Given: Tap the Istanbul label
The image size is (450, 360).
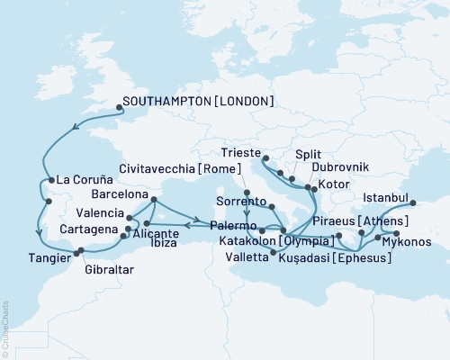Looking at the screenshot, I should pyautogui.click(x=384, y=196).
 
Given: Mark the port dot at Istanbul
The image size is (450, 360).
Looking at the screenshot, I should pyautogui.click(x=414, y=203).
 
